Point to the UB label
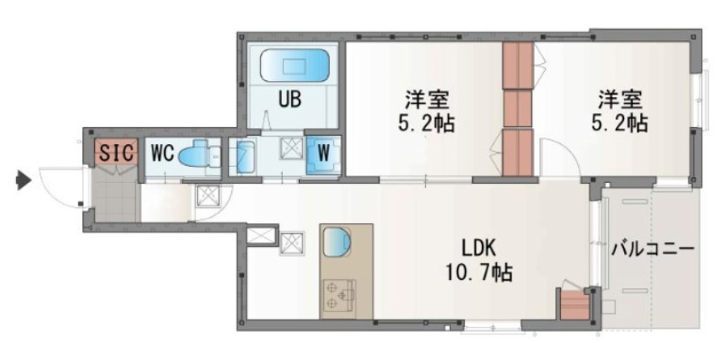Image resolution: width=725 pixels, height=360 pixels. point(289,97)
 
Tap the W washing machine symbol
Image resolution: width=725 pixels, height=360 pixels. point(321,154)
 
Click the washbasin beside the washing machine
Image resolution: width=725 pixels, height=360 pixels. point(243,156)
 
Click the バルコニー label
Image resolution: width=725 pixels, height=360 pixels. point(651,250)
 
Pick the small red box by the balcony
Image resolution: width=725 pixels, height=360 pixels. point(573,306)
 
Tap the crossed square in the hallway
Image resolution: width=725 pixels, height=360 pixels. point(207,196)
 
